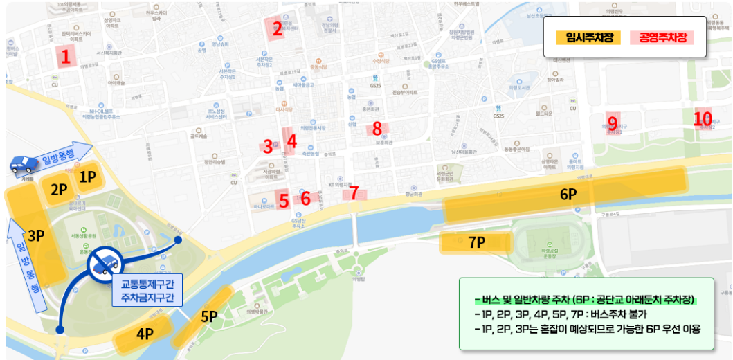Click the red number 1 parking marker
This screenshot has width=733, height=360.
click(x=66, y=57)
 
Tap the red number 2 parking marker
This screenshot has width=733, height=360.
click(x=277, y=28)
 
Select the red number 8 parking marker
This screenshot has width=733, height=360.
click(x=377, y=128)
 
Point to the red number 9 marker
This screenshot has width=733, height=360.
click(x=612, y=123)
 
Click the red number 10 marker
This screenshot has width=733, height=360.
click(x=703, y=118)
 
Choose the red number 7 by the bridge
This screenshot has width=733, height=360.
click(x=354, y=193)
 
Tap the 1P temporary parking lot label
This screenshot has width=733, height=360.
click(x=87, y=177)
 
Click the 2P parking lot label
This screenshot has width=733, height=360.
click(x=59, y=189)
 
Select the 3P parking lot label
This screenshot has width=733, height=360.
click(x=36, y=235)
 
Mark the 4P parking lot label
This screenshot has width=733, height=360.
click(x=144, y=333)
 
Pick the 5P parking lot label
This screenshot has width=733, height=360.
click(x=209, y=316)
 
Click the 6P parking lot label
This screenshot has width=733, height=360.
click(x=568, y=195)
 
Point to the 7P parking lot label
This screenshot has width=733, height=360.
click(x=476, y=242)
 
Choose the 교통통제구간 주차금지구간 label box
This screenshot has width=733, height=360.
click(x=147, y=291)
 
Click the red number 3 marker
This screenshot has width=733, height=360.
click(x=268, y=146)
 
